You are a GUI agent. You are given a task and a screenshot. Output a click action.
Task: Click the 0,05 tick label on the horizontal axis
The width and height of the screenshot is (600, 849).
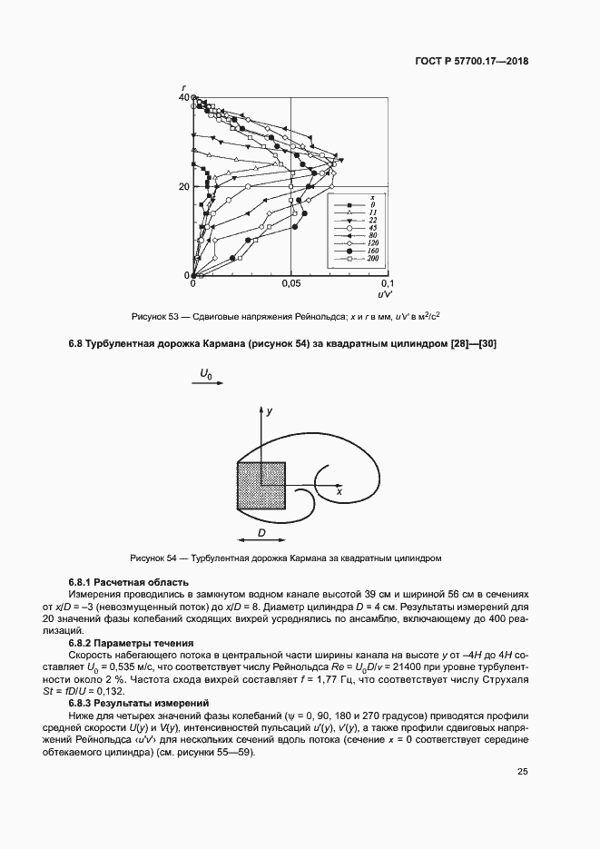click(x=290, y=284)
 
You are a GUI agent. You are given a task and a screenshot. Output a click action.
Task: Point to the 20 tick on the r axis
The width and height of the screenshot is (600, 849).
click(x=184, y=186)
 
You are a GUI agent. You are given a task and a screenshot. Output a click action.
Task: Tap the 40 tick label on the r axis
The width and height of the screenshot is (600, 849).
click(x=184, y=97)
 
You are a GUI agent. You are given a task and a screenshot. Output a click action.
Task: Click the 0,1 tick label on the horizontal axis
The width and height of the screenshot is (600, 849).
click(x=387, y=284)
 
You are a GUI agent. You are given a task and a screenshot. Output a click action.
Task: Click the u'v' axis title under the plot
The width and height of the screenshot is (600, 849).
click(x=385, y=295)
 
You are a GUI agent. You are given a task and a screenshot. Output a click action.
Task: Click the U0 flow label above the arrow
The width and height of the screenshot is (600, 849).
click(x=206, y=373)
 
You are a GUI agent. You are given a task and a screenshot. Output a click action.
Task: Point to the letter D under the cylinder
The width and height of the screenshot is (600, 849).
click(x=261, y=532)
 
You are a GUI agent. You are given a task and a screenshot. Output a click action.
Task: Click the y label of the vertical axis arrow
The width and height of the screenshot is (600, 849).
click(x=270, y=411)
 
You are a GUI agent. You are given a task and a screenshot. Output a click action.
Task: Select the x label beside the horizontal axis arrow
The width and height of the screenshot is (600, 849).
click(x=338, y=490)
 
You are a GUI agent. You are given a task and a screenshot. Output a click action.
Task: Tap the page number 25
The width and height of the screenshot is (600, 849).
click(x=522, y=772)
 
